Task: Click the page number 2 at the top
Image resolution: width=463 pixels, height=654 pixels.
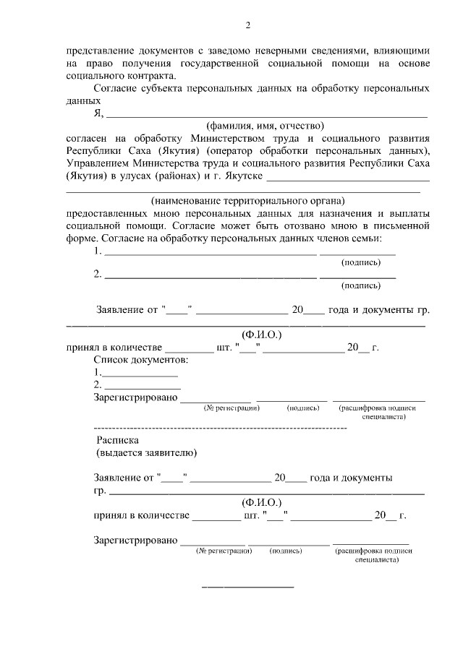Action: coord(247,27)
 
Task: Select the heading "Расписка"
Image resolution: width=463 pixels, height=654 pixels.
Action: coord(117,440)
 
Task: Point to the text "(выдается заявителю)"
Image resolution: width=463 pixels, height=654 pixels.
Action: coord(145,453)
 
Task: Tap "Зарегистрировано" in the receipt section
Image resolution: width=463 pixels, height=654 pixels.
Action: coord(135,540)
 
